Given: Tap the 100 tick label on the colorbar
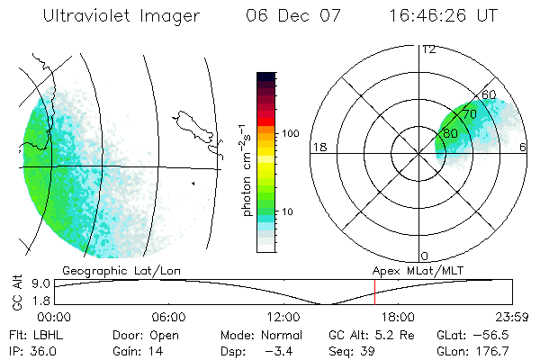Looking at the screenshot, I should (x=291, y=133).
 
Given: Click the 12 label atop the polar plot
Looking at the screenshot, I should (x=428, y=49).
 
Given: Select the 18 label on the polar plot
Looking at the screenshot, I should (x=319, y=147).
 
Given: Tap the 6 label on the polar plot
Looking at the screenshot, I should (x=524, y=147).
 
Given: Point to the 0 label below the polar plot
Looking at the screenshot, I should (x=425, y=256).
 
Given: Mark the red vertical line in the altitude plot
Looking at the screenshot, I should (x=374, y=292).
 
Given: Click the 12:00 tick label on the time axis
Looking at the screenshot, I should (x=283, y=317).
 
